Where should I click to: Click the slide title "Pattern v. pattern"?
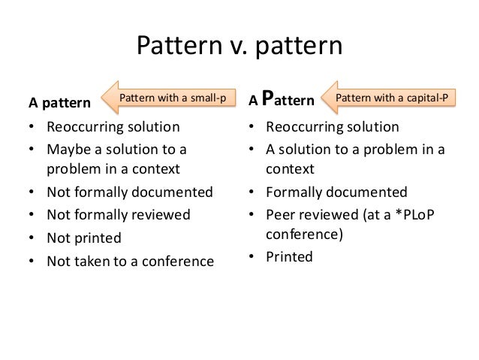[x=239, y=47]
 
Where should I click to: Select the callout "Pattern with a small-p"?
[x=174, y=98]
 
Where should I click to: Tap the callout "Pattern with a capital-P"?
[x=395, y=98]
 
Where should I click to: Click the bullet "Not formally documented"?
[x=129, y=192]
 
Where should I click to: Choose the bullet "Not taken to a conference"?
[x=130, y=262]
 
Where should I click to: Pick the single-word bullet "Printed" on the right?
[x=290, y=256]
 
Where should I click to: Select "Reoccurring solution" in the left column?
[x=113, y=126]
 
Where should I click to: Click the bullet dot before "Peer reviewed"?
[x=252, y=215]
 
